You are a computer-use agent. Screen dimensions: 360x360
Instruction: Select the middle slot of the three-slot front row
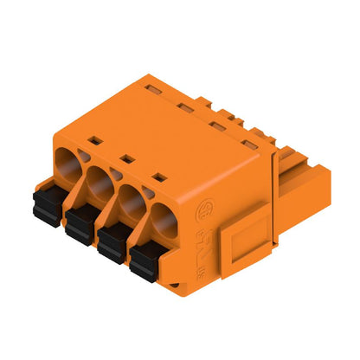(x=125, y=158)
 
